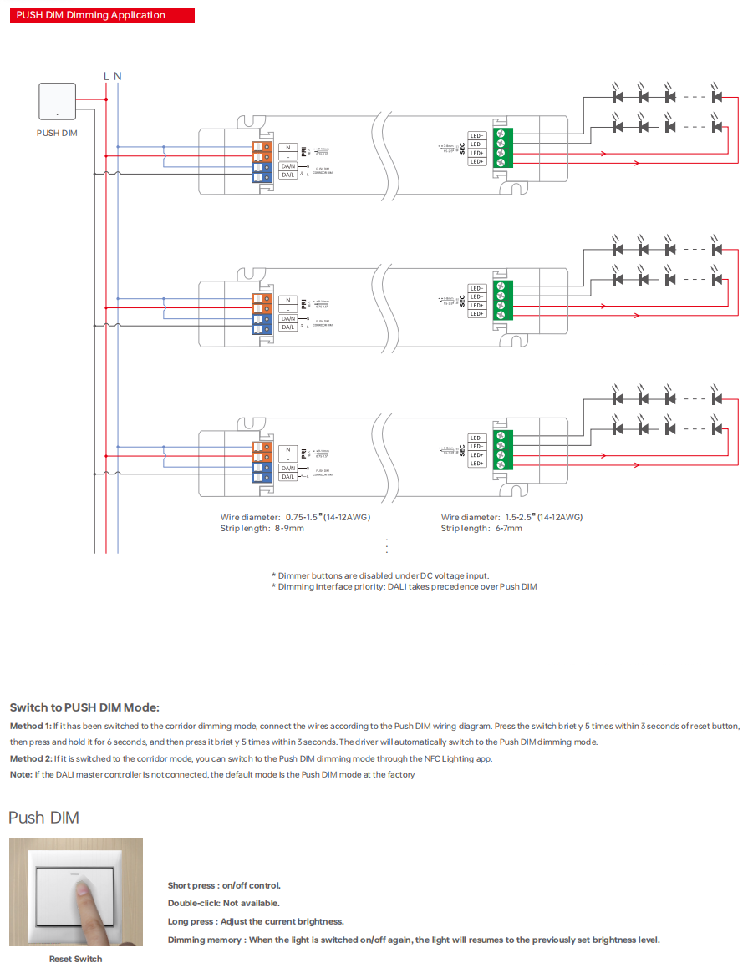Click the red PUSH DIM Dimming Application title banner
(102, 15)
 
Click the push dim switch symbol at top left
(57, 102)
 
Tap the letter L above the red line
(106, 76)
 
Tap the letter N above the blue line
(118, 76)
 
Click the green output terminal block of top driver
(501, 149)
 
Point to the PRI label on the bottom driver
(304, 452)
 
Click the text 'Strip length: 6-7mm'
(481, 528)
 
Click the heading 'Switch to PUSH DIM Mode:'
(84, 707)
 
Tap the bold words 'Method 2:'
(31, 758)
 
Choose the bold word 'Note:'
(21, 774)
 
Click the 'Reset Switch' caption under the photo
(75, 959)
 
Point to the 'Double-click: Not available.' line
(223, 903)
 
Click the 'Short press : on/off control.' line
(224, 885)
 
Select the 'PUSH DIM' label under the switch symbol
(57, 133)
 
